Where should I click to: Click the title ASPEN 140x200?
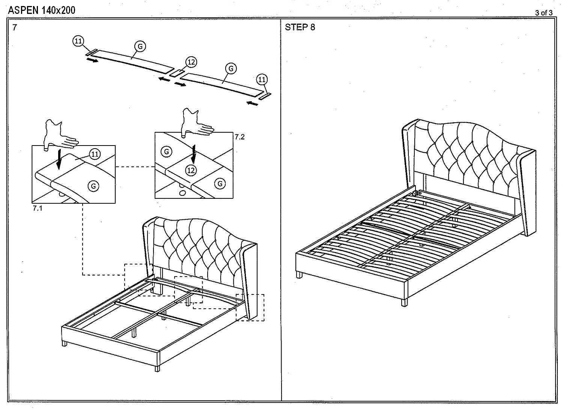42,10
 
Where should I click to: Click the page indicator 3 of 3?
543,13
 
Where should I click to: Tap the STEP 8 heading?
300,27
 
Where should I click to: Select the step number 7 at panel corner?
15,27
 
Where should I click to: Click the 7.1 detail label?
37,208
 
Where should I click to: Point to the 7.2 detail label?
239,137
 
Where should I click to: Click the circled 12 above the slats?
191,62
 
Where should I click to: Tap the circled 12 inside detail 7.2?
191,170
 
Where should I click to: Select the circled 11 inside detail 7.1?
95,154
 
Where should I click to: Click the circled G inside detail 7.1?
93,186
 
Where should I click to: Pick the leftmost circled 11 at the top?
78,41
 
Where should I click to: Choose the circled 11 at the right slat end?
262,80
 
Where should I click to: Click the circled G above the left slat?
140,46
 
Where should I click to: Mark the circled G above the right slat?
231,68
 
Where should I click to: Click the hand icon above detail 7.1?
60,134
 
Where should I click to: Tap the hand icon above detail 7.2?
196,122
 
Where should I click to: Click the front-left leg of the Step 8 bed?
299,275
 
